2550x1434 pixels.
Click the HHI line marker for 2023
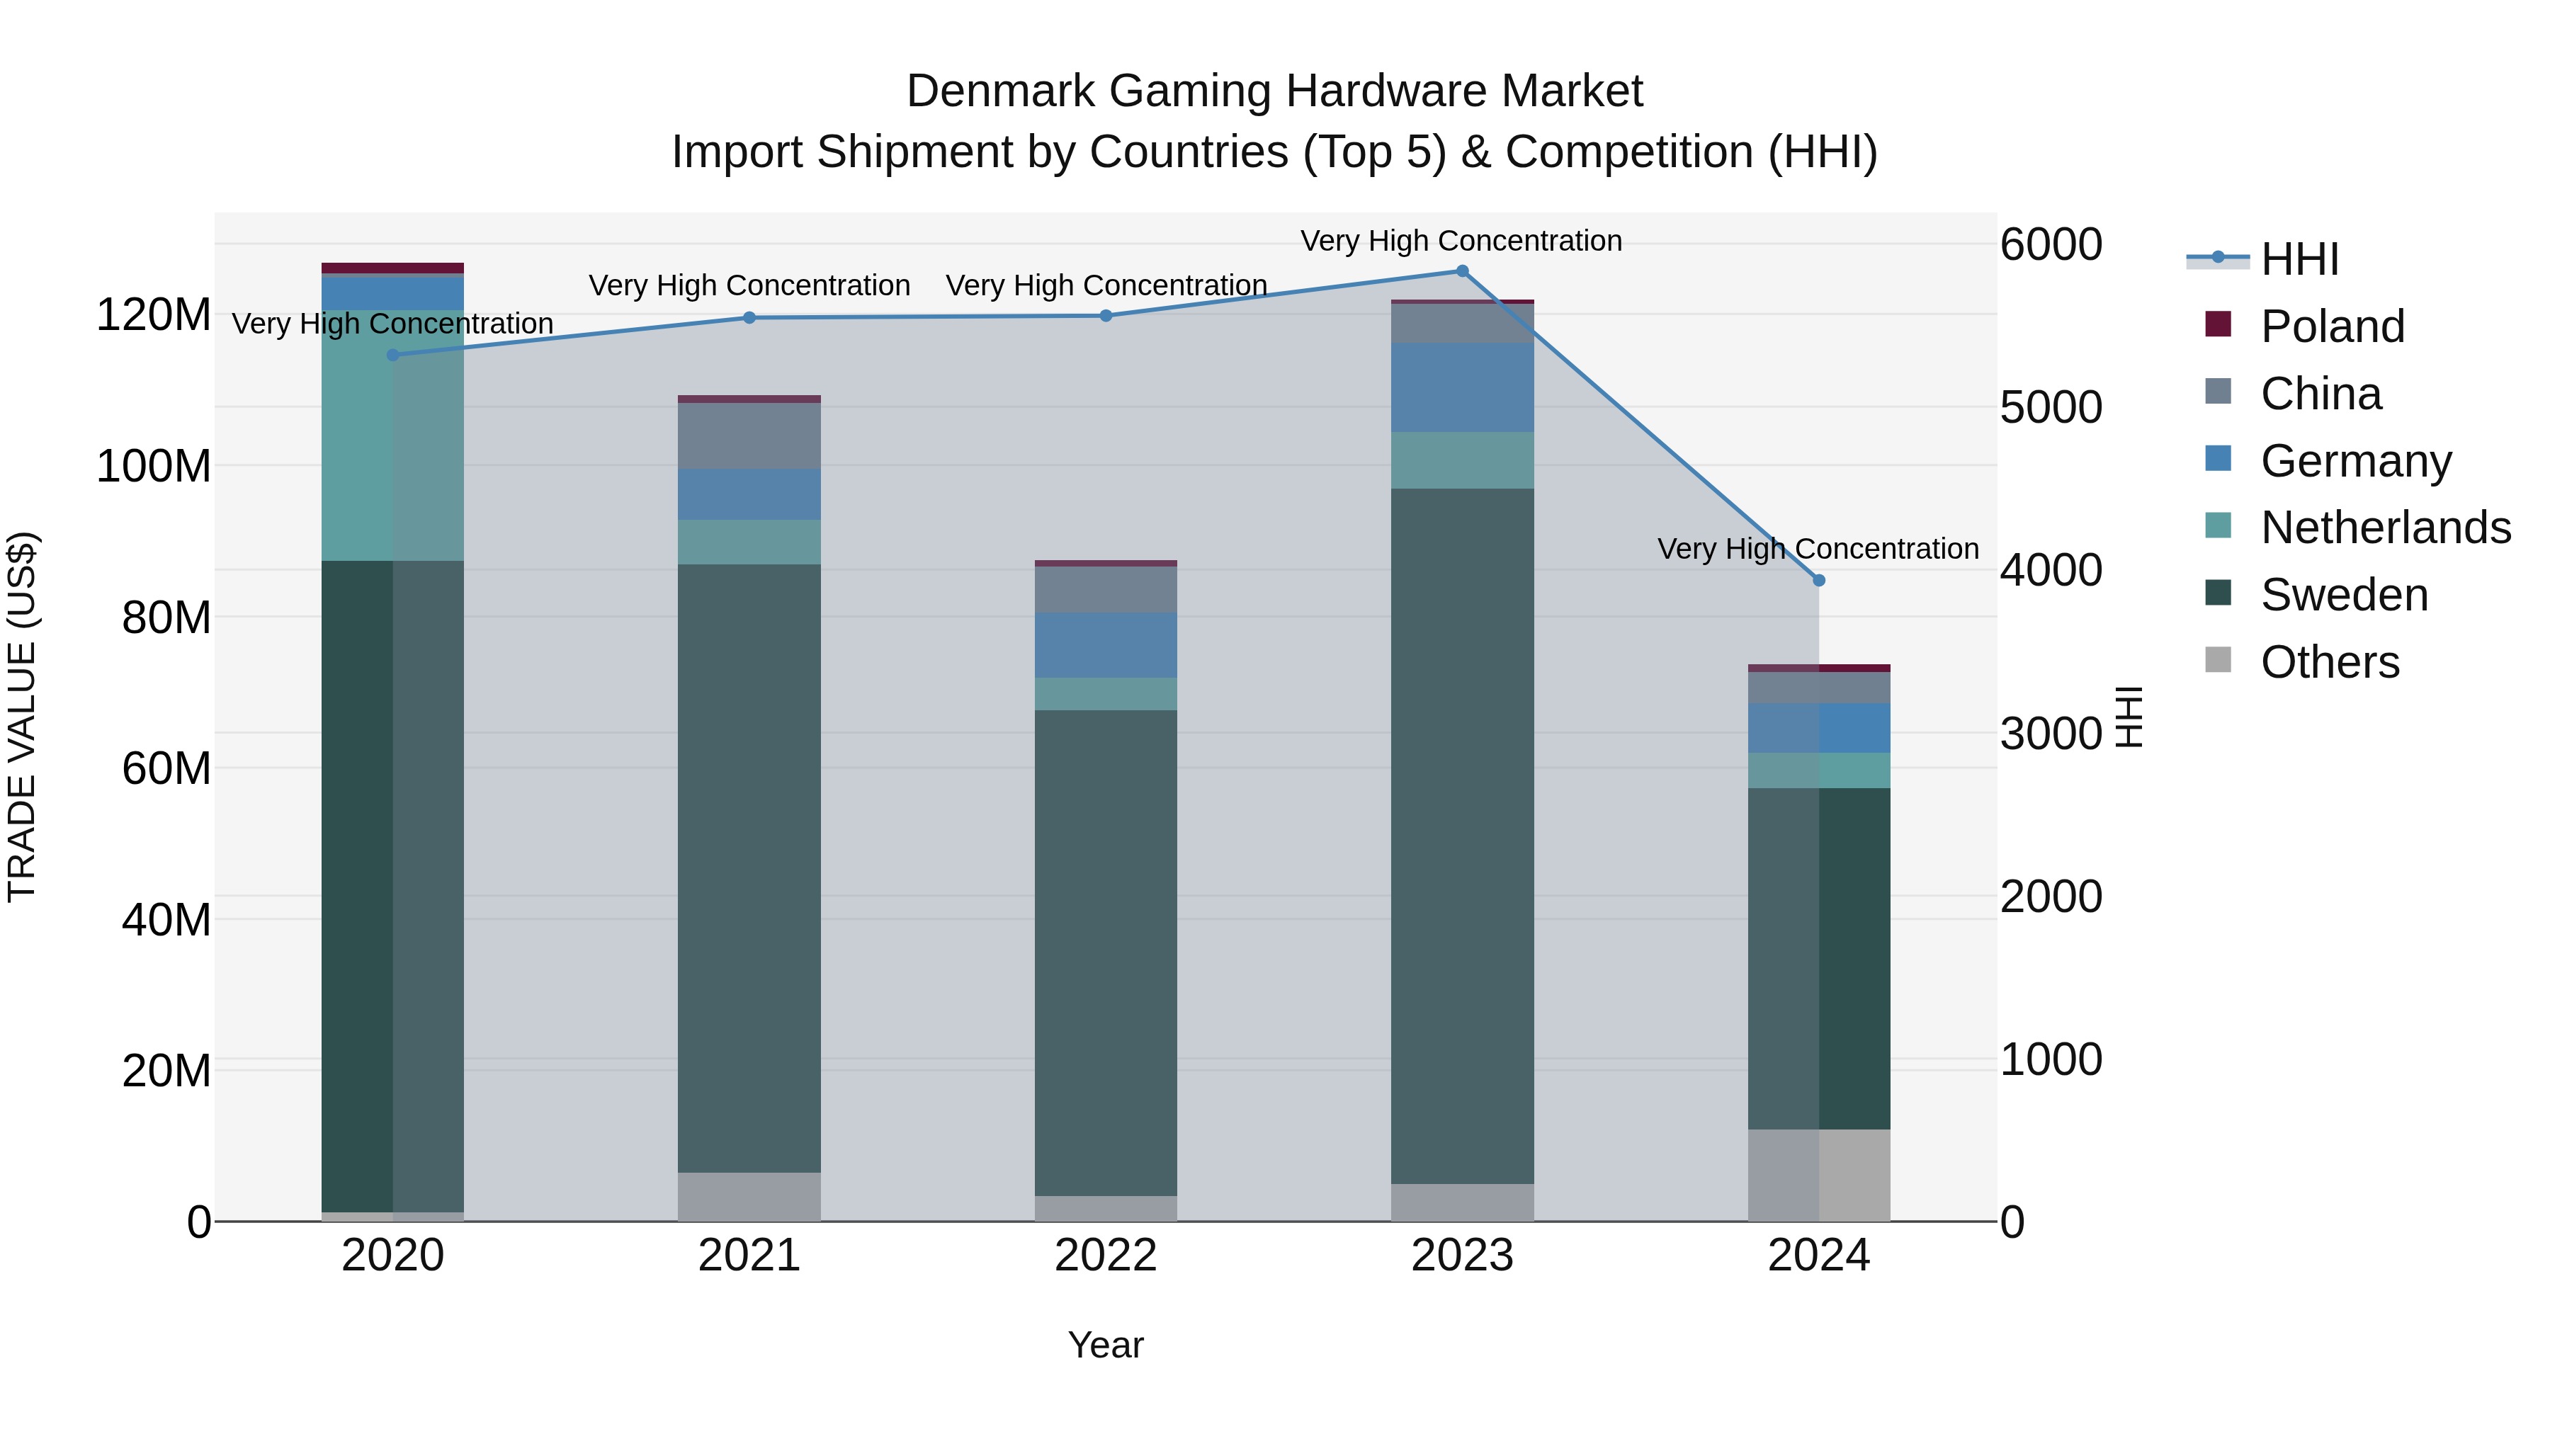1462,271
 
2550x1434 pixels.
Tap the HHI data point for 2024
1818,581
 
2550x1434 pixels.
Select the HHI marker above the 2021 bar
749,318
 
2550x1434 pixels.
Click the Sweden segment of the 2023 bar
1462,836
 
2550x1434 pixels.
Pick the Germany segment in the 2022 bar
1106,645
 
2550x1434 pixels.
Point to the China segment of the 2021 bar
749,436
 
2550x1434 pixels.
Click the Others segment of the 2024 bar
1818,1176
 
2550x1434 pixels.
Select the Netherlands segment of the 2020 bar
393,436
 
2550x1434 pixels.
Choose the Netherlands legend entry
2385,528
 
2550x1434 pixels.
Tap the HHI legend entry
2299,259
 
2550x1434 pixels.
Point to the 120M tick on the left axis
154,316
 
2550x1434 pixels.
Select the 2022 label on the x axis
1106,1256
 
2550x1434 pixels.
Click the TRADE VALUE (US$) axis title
22,717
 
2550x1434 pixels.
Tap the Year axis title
1106,1345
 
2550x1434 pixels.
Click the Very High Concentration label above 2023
1461,241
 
